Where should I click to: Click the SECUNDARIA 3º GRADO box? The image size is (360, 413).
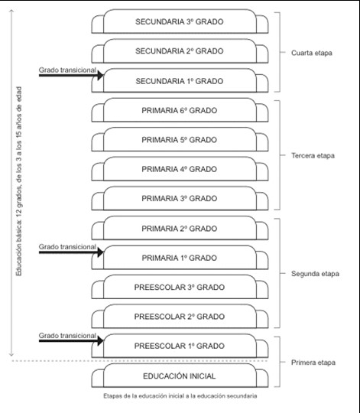pos(180,21)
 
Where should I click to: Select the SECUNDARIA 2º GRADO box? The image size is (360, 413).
pos(180,50)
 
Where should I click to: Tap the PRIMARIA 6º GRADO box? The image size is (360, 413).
pos(180,110)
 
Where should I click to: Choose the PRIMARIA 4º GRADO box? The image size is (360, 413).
pos(180,169)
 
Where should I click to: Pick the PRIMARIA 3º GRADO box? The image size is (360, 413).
pos(180,198)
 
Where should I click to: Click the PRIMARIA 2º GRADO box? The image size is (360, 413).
pos(180,228)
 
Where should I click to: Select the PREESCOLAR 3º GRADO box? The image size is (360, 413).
pos(180,287)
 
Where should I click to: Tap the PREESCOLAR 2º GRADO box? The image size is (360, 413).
pos(180,317)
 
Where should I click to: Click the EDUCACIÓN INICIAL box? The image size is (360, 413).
pos(180,376)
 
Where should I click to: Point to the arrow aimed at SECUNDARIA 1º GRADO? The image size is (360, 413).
pos(71,75)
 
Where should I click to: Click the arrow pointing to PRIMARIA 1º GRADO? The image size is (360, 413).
pos(71,252)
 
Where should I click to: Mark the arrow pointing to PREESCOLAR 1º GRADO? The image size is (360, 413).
pos(71,341)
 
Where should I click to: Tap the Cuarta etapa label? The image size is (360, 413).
pos(312,53)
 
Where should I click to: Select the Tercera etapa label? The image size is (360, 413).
pos(313,156)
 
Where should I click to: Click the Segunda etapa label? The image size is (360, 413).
pos(315,274)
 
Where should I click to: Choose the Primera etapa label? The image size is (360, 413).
pos(313,363)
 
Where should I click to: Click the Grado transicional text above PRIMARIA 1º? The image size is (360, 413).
pos(67,247)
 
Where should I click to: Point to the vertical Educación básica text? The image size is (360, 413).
pos(18,181)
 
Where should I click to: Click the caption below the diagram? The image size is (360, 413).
pos(180,396)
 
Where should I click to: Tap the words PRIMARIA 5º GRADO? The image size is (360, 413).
pos(179,140)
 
